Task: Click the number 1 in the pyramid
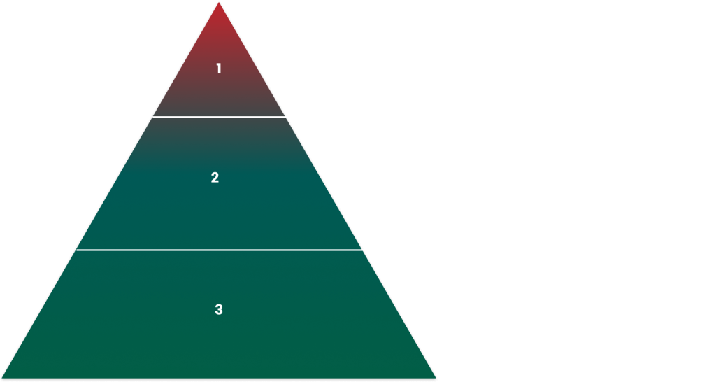(219, 69)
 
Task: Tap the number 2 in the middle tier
(215, 178)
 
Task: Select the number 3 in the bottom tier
(219, 309)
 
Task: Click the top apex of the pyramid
(219, 2)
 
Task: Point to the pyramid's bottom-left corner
(2, 378)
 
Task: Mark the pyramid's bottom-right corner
(436, 378)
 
